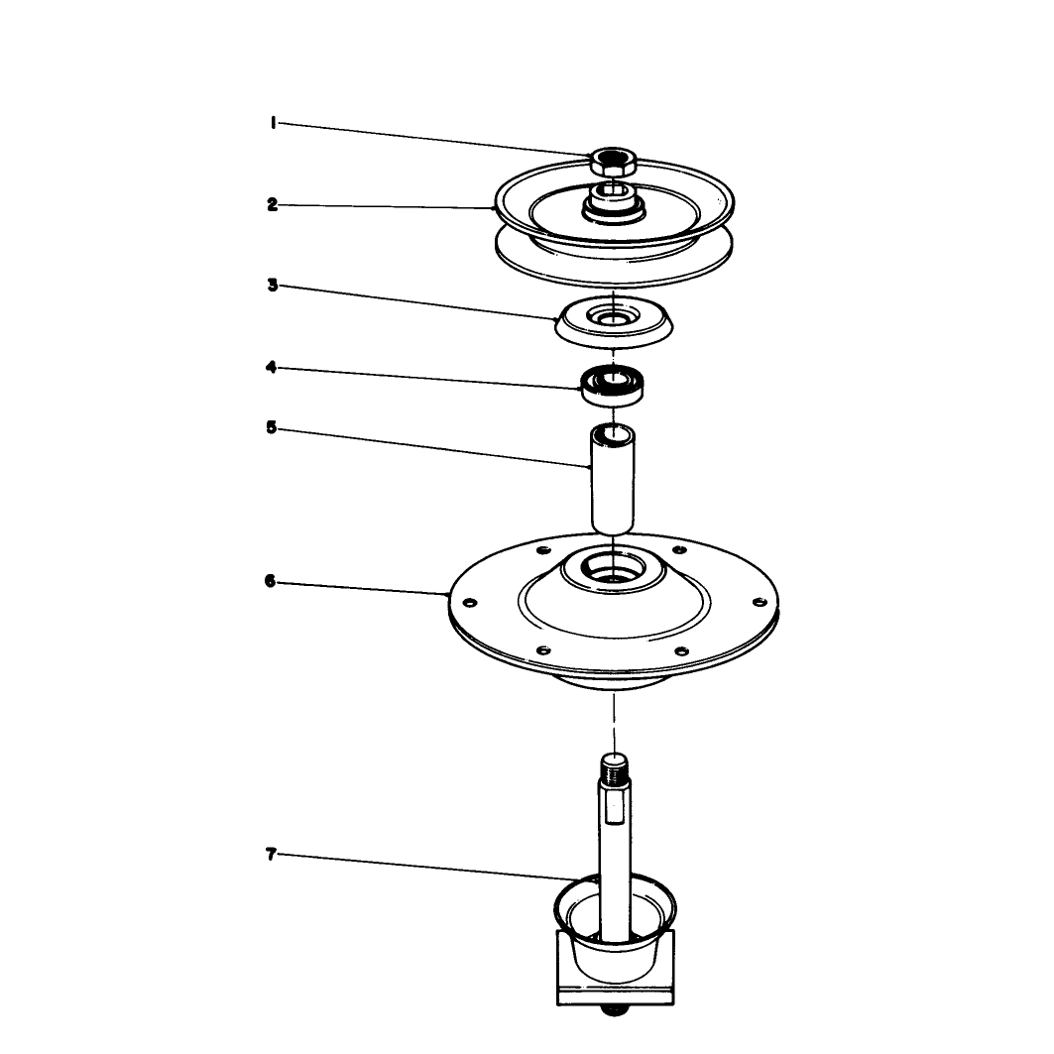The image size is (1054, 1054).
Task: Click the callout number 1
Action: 273,122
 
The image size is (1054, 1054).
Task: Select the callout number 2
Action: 273,204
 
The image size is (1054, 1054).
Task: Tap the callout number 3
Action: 273,285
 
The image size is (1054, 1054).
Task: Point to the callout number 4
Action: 271,367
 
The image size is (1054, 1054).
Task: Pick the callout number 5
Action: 271,427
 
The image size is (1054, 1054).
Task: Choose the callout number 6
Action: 271,581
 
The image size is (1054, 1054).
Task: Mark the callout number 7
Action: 271,855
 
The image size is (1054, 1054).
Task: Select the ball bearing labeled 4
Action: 613,385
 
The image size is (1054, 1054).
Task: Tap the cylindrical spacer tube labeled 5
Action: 613,478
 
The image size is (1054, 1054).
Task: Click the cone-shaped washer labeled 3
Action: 613,322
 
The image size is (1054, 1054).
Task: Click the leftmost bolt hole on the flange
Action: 471,602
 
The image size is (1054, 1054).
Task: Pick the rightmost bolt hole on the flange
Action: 760,601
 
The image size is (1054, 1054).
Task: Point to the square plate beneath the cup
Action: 615,968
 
